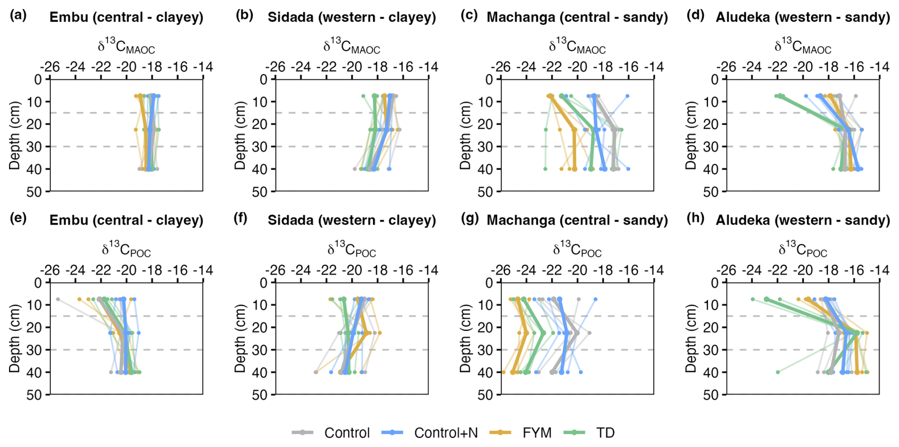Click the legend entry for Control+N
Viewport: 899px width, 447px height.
pyautogui.click(x=446, y=433)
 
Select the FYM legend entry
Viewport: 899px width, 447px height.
pyautogui.click(x=536, y=433)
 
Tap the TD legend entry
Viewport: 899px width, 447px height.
pyautogui.click(x=605, y=433)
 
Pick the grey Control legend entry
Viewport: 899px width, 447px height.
pyautogui.click(x=347, y=433)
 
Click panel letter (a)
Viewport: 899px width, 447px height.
pyautogui.click(x=18, y=15)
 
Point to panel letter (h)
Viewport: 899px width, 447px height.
pyautogui.click(x=695, y=218)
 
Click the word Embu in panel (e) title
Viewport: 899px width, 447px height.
pyautogui.click(x=68, y=220)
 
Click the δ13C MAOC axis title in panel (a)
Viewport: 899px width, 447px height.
pyautogui.click(x=126, y=47)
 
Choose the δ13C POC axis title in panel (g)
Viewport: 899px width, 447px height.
pyautogui.click(x=577, y=250)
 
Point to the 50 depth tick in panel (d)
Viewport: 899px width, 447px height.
pyautogui.click(x=710, y=192)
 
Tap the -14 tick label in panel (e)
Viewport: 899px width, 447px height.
pyautogui.click(x=203, y=271)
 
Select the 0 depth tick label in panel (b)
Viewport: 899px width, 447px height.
pyautogui.click(x=263, y=79)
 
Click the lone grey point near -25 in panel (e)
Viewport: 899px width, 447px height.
pyautogui.click(x=58, y=299)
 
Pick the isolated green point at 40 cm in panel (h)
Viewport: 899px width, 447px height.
pyautogui.click(x=778, y=372)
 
